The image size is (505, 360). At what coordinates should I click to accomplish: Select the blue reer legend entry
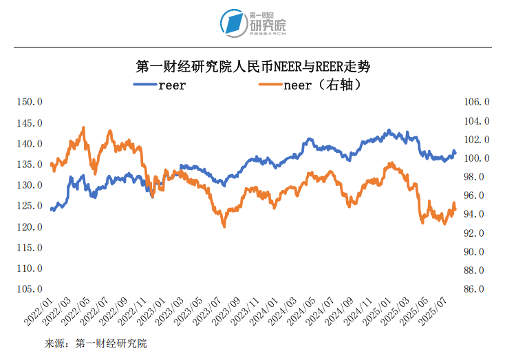(x=160, y=85)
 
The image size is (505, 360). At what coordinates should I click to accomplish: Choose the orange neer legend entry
(x=310, y=85)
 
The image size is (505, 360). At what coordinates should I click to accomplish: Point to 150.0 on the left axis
(x=30, y=102)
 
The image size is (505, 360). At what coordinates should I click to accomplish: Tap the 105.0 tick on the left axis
(x=30, y=289)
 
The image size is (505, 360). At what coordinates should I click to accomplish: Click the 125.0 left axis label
(x=30, y=206)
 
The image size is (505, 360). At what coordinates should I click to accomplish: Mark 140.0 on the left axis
(x=30, y=144)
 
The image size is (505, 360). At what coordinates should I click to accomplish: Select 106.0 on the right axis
(x=476, y=102)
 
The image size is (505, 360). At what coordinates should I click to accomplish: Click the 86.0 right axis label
(x=476, y=289)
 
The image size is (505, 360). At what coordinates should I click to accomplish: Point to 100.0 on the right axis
(x=476, y=158)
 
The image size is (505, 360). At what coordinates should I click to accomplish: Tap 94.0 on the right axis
(x=476, y=215)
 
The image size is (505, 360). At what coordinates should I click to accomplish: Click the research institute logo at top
(x=252, y=24)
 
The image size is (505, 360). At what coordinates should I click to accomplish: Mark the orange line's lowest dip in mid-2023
(x=224, y=226)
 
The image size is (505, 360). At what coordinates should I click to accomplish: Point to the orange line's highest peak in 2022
(x=84, y=127)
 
